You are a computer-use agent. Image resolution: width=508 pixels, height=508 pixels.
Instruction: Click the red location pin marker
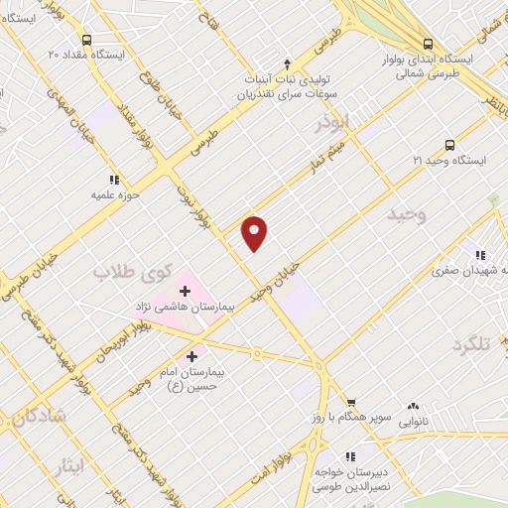coord(255,232)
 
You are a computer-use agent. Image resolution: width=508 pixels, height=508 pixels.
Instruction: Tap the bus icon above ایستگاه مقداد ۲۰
coord(87,41)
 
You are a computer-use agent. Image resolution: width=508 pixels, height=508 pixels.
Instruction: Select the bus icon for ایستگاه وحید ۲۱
coord(436,142)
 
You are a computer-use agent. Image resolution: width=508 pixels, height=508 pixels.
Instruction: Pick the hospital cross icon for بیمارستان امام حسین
coord(190,354)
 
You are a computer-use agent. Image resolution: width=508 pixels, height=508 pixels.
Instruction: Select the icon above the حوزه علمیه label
coord(115,180)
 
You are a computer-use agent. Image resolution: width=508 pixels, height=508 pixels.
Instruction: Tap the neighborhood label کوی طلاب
coord(134,270)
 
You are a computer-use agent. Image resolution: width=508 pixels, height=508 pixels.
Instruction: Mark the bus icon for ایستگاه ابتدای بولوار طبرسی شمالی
coord(428,44)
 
